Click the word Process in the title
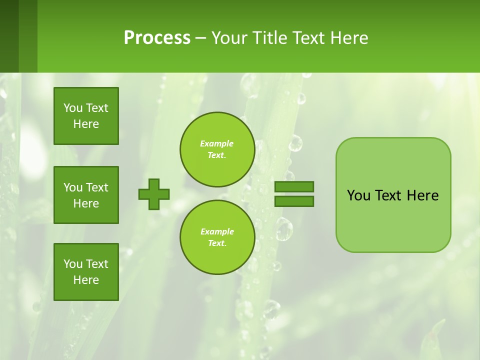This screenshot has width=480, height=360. click(x=157, y=38)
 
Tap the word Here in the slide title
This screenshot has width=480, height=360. click(x=348, y=38)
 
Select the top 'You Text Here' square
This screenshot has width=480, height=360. click(x=86, y=116)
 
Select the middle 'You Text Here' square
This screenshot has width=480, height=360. click(x=86, y=195)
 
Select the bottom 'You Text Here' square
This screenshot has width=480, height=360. click(x=86, y=272)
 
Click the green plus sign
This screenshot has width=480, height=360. click(x=154, y=194)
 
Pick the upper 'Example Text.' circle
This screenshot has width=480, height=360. click(x=217, y=149)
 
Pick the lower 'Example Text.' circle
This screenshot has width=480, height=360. click(x=217, y=237)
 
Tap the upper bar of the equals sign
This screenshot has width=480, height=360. click(x=294, y=186)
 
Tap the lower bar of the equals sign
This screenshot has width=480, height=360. click(x=294, y=201)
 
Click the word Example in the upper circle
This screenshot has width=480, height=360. click(x=217, y=143)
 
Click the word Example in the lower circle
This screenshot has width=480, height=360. click(x=217, y=231)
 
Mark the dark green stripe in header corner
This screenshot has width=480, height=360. click(x=9, y=36)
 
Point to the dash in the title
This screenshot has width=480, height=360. click(x=201, y=38)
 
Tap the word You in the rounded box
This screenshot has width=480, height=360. click(x=358, y=195)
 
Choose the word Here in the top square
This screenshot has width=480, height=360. click(x=86, y=124)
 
